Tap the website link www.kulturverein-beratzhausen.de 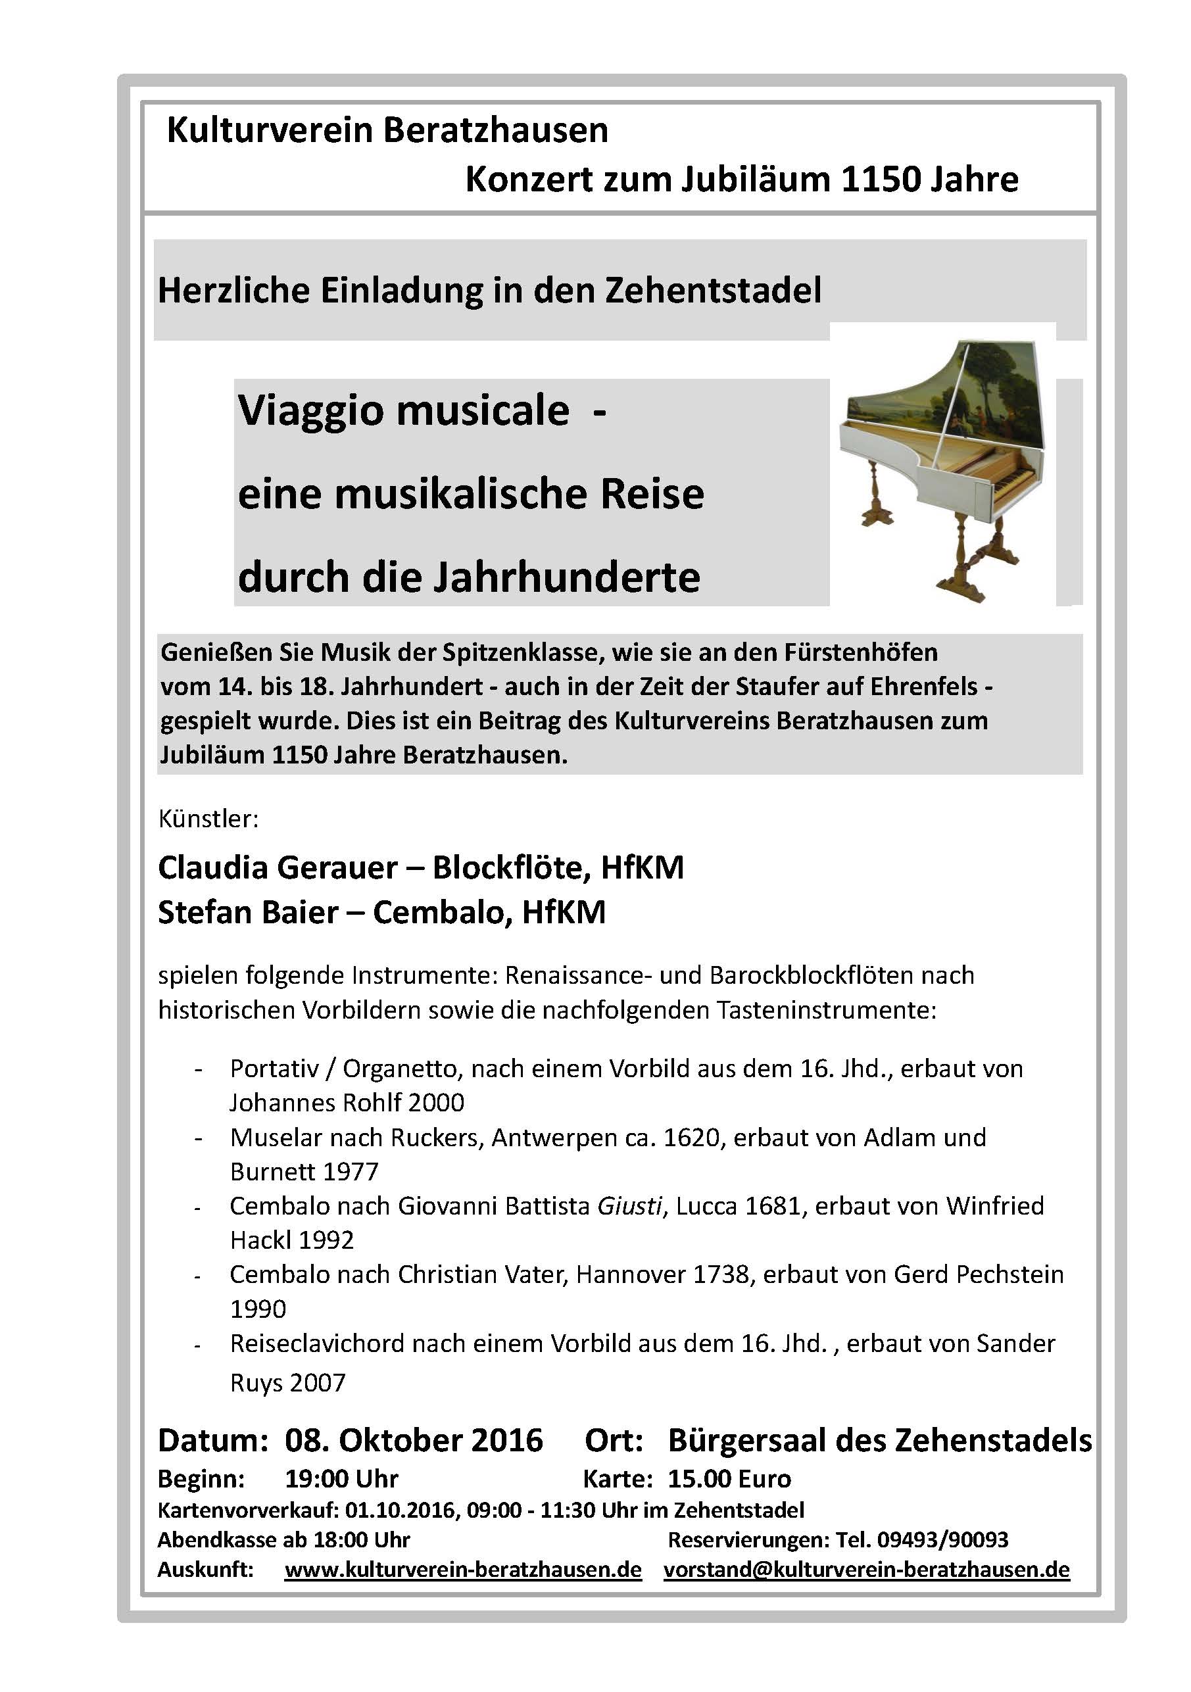coord(463,1569)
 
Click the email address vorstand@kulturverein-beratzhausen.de coord(866,1569)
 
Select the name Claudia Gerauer coord(277,867)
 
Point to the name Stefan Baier coord(248,912)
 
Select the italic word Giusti coord(629,1206)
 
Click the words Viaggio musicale coord(403,410)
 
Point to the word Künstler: coord(208,819)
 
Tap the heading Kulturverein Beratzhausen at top coord(387,130)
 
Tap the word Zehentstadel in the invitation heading coord(713,289)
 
